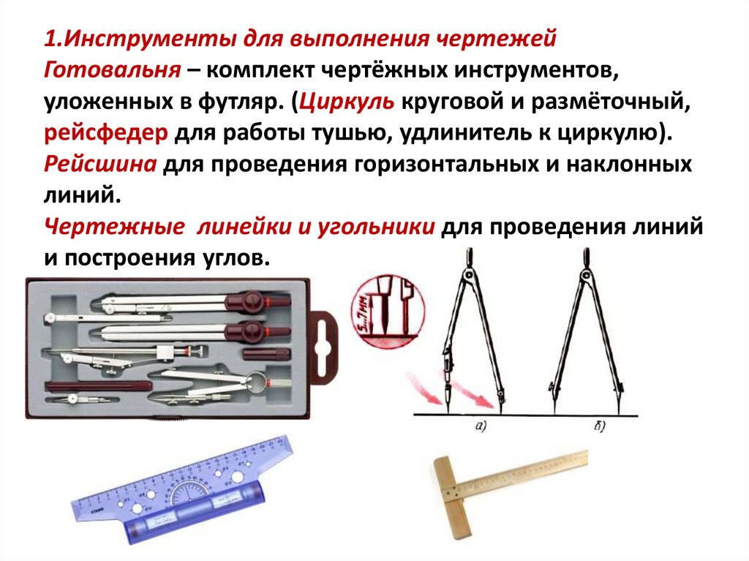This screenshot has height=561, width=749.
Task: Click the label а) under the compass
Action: (x=481, y=428)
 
